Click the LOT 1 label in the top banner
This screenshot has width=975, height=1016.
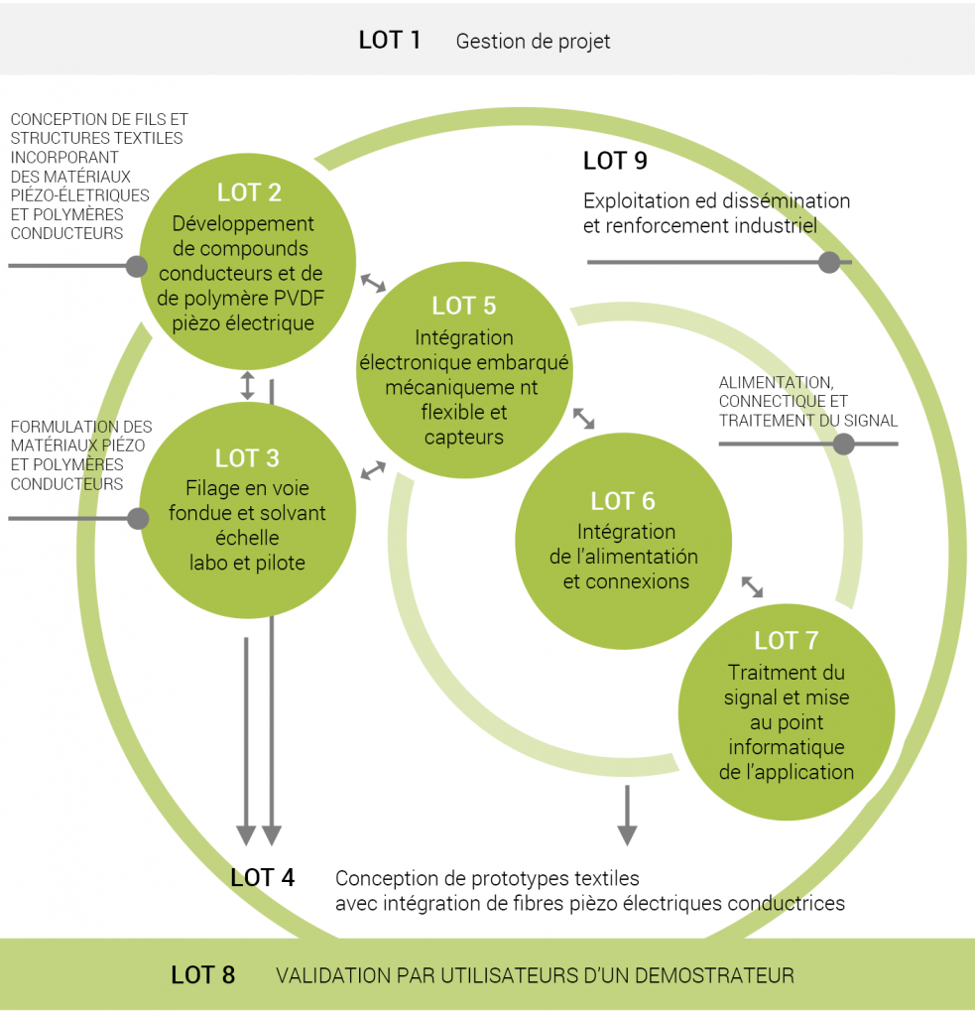point(390,41)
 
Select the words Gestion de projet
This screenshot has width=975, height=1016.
point(533,42)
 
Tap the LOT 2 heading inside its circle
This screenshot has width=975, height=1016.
point(248,192)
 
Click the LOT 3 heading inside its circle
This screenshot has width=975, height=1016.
point(247,458)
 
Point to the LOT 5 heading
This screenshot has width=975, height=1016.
point(463,307)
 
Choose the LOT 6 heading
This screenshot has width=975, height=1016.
point(623,501)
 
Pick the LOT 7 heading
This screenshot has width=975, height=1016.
point(787,641)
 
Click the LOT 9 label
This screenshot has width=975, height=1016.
point(615,161)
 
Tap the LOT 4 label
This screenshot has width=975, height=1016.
point(263,878)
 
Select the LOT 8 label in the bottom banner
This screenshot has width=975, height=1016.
point(203,975)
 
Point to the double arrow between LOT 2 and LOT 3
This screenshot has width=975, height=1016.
point(248,384)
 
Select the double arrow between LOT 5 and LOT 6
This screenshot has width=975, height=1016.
point(583,418)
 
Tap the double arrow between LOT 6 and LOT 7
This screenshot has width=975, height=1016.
point(753,586)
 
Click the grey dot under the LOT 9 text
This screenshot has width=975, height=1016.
point(829,262)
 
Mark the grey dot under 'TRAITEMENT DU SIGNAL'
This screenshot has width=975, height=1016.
point(844,444)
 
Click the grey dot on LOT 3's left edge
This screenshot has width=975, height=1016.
point(137,518)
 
